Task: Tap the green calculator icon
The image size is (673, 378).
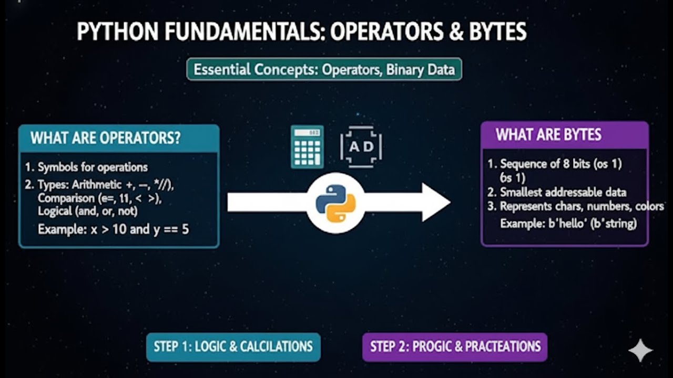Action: point(307,146)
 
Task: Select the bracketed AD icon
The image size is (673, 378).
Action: point(361,146)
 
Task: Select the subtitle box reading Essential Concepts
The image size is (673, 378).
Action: point(324,69)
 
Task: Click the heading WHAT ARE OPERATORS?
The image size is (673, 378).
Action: point(106,138)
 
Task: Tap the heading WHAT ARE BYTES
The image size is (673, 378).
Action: point(548,135)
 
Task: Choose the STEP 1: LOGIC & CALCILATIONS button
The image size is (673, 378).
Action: point(233,346)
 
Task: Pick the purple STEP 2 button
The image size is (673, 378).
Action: point(455,346)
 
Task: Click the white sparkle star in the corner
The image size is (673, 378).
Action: point(640,350)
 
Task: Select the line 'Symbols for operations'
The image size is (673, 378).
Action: point(93,167)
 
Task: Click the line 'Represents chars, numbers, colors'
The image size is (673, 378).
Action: point(581,206)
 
